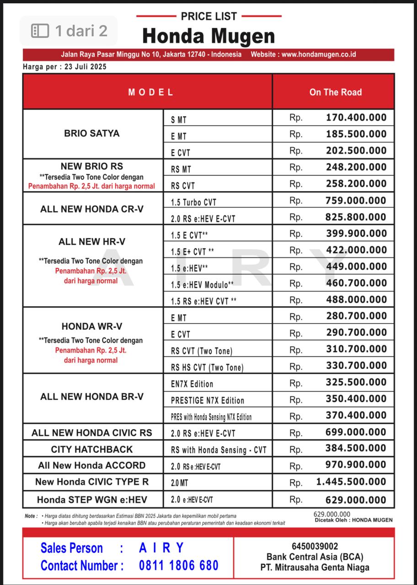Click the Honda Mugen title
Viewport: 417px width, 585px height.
(x=208, y=36)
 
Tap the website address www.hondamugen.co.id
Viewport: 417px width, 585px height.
(x=319, y=54)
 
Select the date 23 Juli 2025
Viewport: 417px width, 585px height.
(x=86, y=67)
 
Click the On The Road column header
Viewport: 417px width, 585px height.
(x=335, y=92)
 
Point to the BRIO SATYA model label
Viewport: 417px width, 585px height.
(x=92, y=133)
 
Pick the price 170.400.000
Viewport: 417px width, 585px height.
(x=356, y=117)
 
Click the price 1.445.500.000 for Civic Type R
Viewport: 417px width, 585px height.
(x=351, y=482)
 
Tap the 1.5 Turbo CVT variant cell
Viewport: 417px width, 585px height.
(x=194, y=202)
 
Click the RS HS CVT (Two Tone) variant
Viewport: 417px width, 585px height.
(x=207, y=367)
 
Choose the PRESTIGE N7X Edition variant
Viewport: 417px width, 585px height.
(x=208, y=400)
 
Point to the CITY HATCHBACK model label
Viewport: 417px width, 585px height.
(x=92, y=449)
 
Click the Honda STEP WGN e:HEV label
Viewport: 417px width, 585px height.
(x=92, y=500)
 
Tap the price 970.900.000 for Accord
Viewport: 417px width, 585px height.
(x=356, y=465)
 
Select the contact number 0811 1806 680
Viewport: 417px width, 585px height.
(x=179, y=565)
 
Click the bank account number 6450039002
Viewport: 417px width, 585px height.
(x=315, y=546)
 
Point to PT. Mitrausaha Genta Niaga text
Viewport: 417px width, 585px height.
(x=315, y=568)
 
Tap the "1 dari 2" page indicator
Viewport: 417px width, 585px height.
(x=69, y=31)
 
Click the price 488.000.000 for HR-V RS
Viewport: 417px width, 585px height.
(x=356, y=300)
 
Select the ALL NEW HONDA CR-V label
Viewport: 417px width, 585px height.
(x=92, y=209)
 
